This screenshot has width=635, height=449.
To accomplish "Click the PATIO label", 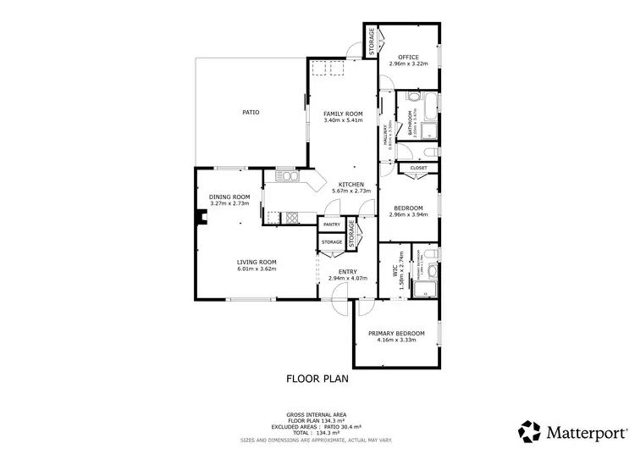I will tap(250, 112).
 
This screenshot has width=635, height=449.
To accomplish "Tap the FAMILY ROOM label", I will tap(343, 113).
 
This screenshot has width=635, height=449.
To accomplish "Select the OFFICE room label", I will tap(409, 57).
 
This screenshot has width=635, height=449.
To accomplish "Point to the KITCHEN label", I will tap(351, 185).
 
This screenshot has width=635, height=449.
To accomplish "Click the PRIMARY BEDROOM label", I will tap(396, 333).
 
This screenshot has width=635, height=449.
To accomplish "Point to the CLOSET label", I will tap(418, 168).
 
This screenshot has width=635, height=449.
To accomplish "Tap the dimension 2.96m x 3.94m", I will tap(409, 215).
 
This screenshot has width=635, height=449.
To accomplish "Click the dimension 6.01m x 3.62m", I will tap(257, 269).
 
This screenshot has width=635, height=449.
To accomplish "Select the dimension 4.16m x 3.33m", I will tap(396, 341).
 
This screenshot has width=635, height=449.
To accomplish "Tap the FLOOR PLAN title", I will tap(317, 379).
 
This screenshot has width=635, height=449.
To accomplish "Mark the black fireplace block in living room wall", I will tap(201, 219).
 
